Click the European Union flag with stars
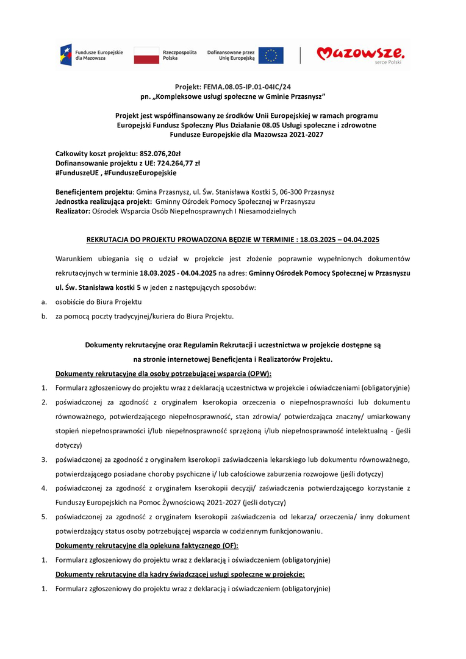tap(270, 55)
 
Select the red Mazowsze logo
tap(360, 54)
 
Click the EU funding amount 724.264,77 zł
tap(174, 164)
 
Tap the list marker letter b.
tap(44, 316)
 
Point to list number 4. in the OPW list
tap(44, 488)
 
